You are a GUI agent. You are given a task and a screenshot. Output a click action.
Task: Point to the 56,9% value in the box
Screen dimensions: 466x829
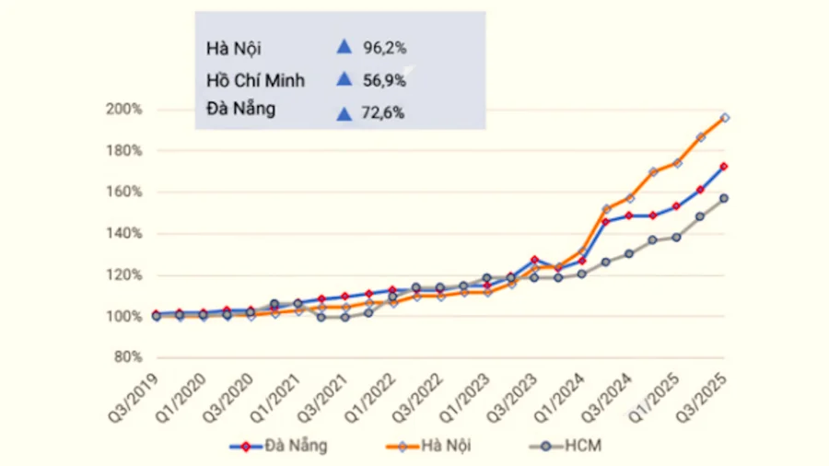click(384, 80)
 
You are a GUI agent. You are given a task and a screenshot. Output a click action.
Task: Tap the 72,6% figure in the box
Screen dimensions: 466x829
click(384, 114)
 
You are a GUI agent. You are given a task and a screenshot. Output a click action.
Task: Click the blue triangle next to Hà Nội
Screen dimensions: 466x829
click(344, 45)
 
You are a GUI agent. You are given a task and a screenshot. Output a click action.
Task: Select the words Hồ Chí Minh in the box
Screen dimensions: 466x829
click(255, 80)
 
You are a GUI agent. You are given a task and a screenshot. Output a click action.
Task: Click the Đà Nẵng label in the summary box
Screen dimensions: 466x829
click(240, 109)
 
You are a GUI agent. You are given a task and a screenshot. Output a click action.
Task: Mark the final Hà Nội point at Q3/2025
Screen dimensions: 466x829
click(725, 118)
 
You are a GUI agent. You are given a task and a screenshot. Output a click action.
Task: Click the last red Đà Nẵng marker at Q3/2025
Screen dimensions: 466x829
click(725, 167)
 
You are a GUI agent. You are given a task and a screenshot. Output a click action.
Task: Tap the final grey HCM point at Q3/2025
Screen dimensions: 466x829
click(725, 198)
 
